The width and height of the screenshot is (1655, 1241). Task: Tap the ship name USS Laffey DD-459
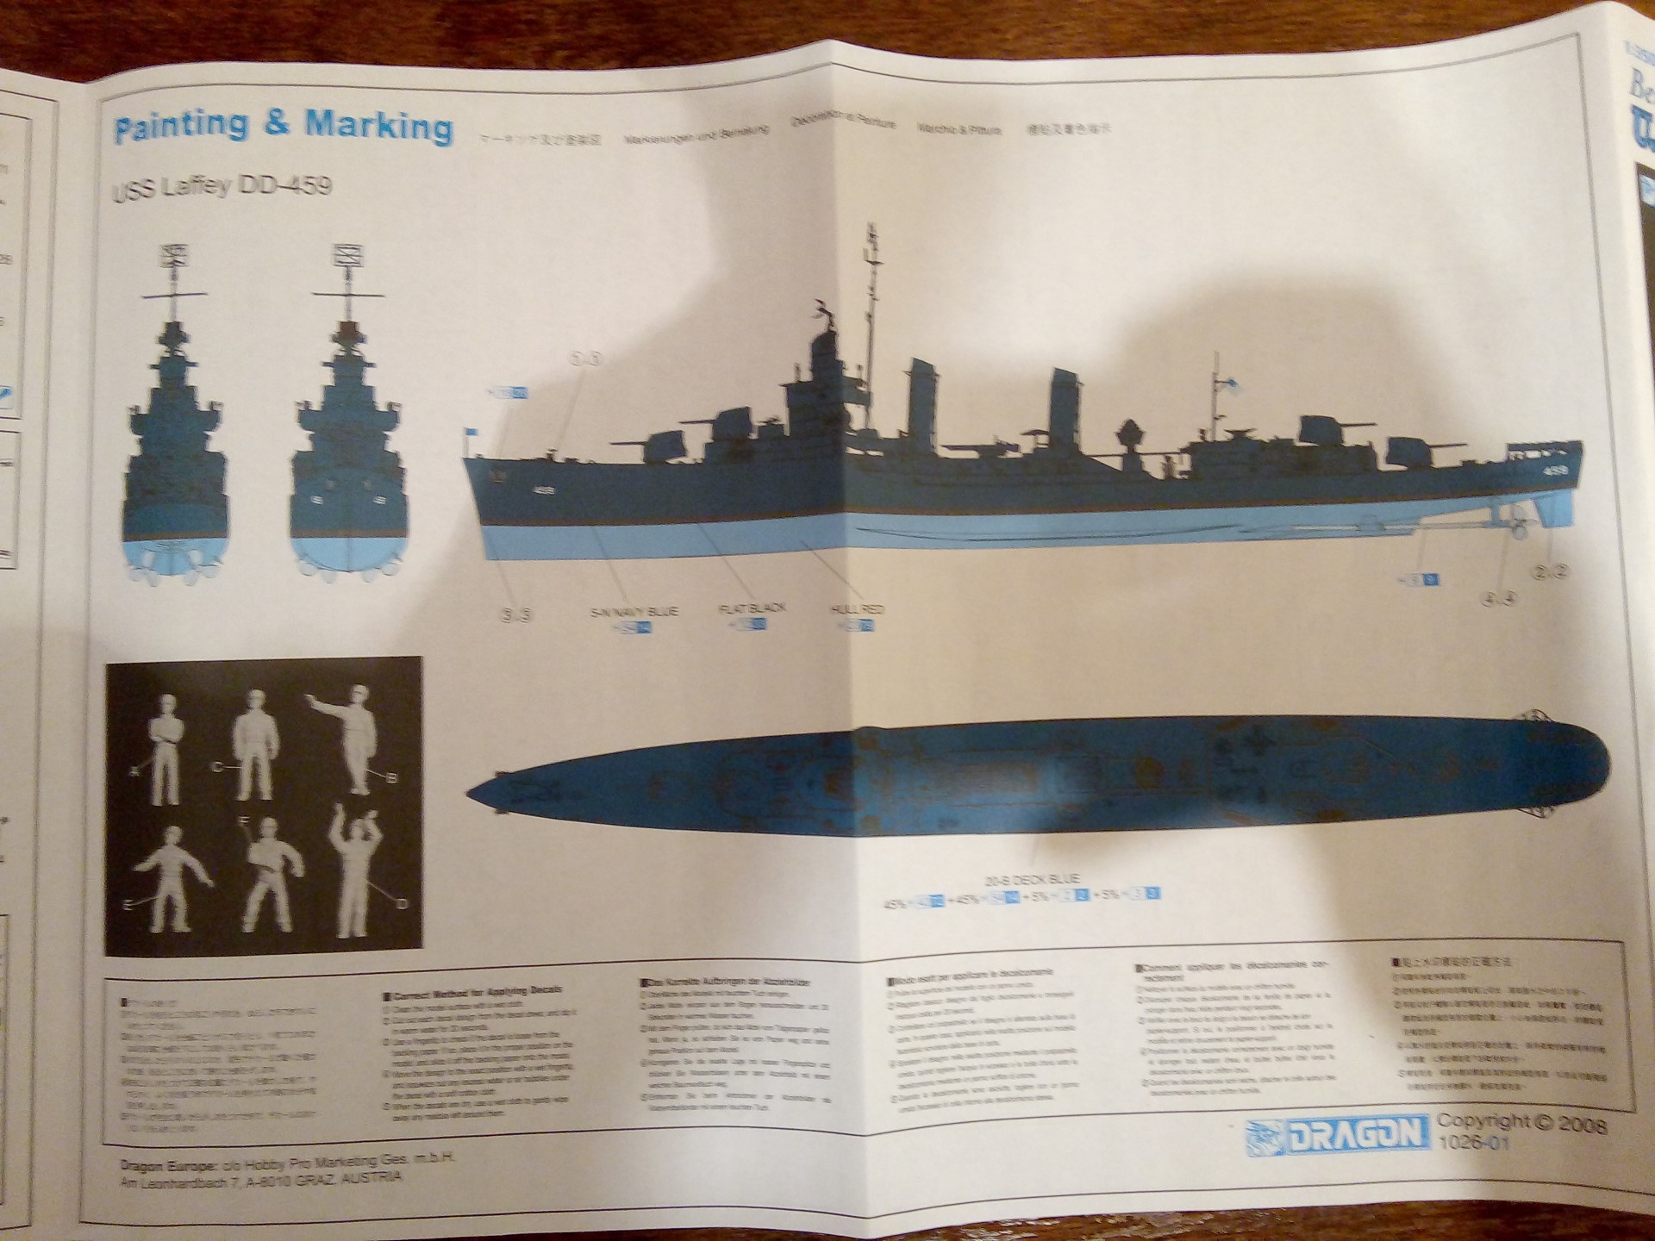(x=222, y=188)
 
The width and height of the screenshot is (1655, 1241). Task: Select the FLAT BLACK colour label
(x=753, y=608)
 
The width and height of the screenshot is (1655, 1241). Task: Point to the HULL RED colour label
(x=857, y=609)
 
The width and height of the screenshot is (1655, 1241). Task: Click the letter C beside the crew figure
(x=217, y=766)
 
